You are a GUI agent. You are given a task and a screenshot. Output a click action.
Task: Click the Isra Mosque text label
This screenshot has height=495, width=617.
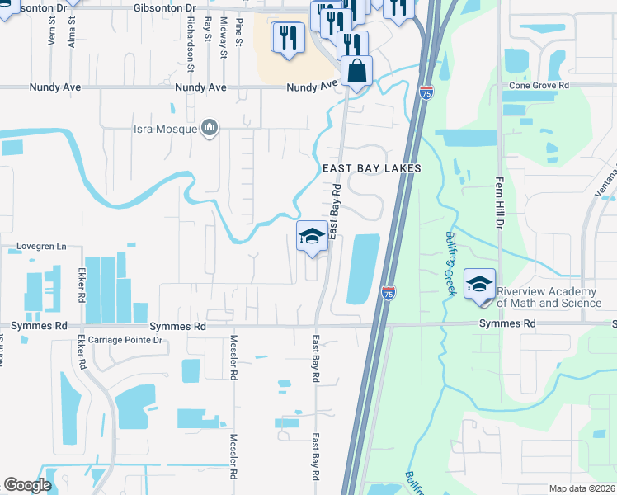coord(165,129)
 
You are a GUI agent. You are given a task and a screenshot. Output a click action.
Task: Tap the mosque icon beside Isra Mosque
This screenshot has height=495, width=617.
coord(210,128)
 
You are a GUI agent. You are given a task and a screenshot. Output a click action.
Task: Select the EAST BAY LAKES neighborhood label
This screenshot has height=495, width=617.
coord(371,168)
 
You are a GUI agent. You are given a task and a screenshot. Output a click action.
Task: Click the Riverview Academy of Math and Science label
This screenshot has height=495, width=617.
coord(547,298)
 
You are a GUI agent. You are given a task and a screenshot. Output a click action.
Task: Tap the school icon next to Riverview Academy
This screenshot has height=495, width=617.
coord(479,283)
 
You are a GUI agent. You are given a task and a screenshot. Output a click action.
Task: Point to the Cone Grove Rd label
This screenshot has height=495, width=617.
coord(539,85)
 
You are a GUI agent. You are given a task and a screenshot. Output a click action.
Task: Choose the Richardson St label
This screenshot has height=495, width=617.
coord(190,35)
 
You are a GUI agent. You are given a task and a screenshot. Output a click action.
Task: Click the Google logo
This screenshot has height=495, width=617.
coord(27,485)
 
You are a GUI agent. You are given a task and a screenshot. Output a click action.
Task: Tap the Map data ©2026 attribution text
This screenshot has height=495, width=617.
coord(582,488)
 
